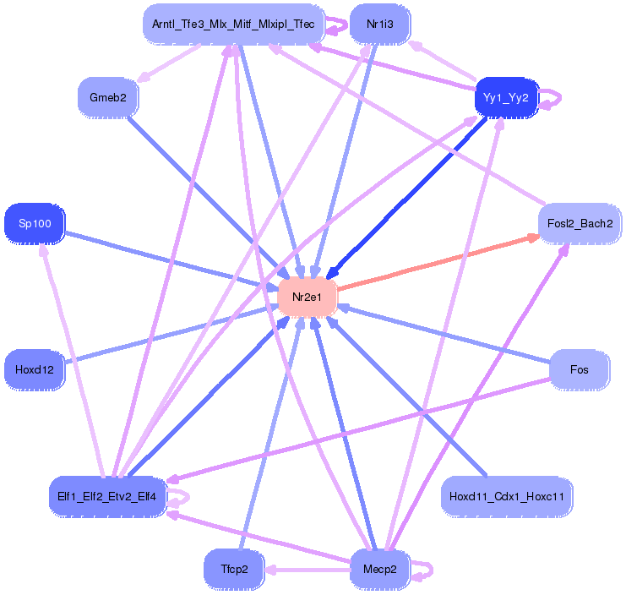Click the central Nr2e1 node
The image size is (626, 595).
tap(308, 297)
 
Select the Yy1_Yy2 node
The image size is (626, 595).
tap(506, 98)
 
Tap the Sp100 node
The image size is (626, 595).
tap(34, 224)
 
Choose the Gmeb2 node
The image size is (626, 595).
tap(107, 98)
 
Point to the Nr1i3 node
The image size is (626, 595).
tap(378, 25)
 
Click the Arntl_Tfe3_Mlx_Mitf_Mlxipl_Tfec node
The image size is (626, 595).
tap(233, 25)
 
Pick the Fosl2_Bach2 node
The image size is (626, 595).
tap(580, 224)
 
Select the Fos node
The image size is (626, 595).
tap(580, 370)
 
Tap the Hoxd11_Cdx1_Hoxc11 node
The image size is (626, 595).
tap(506, 496)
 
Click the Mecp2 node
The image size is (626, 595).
tap(379, 569)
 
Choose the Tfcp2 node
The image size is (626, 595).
tap(234, 569)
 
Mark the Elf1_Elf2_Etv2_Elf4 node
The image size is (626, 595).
tap(107, 496)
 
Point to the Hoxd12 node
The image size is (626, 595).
tap(34, 370)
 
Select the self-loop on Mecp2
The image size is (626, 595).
tap(424, 570)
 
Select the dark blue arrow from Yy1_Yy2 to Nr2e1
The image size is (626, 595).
tap(406, 199)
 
